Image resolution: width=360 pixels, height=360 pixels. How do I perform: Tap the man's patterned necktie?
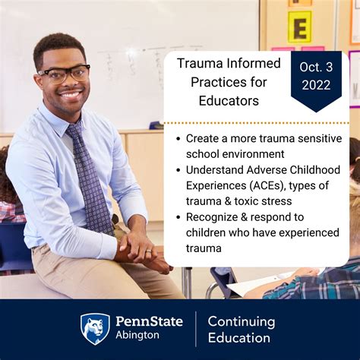pos(92,178)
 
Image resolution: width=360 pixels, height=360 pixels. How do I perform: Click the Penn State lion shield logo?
pos(96,329)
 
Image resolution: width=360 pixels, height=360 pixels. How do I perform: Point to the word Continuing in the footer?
pos(242,322)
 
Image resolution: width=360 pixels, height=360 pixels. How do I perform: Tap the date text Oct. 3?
pos(316,67)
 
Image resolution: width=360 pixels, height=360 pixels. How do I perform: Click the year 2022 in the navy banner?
pos(316,84)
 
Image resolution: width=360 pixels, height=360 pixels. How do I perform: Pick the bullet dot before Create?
pos(178,139)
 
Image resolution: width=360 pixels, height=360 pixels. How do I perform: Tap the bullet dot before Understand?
pos(178,169)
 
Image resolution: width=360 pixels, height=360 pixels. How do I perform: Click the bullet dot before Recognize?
pos(178,216)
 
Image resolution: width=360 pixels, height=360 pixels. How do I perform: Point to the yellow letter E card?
pos(299,27)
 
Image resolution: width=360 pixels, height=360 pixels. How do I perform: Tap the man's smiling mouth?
pos(70,96)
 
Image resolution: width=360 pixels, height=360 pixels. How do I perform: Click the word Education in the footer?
pos(238,338)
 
